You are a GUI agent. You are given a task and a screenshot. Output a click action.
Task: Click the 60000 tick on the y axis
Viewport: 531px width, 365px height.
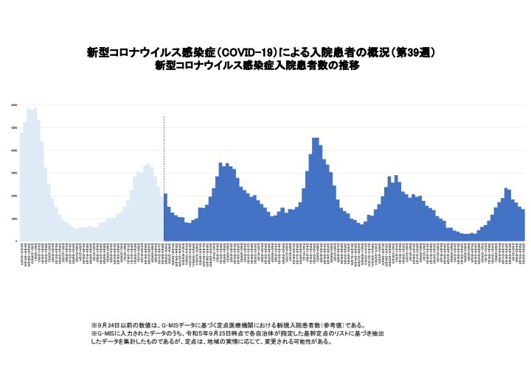14,105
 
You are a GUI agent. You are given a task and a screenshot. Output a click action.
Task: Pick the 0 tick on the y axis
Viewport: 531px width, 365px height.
15,241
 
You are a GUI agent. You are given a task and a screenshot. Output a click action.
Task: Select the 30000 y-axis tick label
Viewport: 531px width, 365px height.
14,174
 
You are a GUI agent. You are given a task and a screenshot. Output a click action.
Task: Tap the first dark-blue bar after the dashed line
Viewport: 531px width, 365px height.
166,218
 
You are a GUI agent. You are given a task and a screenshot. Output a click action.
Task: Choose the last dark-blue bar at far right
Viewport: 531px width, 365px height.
523,225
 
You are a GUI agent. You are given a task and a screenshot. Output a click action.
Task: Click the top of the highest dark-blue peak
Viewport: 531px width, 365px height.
316,138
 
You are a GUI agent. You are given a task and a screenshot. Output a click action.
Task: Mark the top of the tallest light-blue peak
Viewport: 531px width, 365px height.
35,108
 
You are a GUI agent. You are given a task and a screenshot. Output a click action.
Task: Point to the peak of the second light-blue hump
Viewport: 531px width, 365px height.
148,164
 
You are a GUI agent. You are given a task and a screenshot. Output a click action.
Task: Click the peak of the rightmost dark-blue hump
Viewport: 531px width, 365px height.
507,189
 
